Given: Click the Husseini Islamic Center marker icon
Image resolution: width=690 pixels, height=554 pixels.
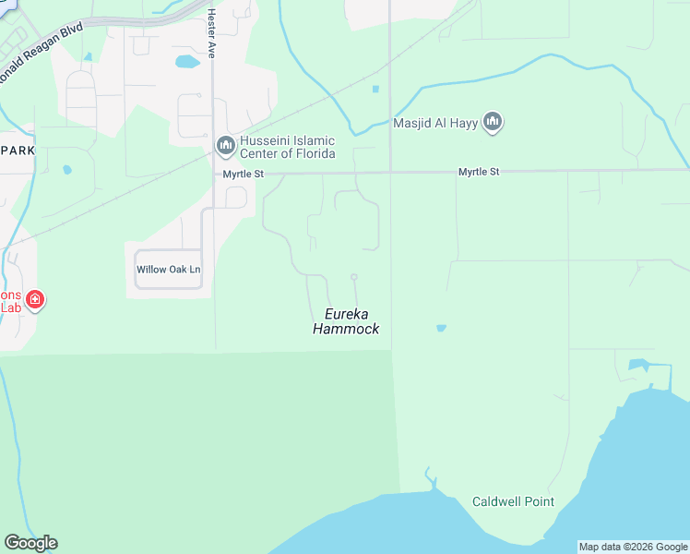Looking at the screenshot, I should point(225,145).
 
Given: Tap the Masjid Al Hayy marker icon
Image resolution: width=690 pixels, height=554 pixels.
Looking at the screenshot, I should point(493,122).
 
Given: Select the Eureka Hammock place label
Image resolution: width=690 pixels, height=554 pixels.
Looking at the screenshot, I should point(346,321).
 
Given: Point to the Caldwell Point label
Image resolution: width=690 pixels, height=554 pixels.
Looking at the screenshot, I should point(513,502).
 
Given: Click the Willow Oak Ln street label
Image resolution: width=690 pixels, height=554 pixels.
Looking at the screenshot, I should point(168,270).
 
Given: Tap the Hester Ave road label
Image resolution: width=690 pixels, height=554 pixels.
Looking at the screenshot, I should point(211,35).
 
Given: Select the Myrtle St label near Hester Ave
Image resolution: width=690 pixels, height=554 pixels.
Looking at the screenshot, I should point(243,174).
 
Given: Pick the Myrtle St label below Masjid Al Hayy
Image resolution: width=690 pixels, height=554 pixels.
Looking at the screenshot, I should point(480,172).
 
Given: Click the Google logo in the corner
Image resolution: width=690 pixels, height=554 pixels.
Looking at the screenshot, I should point(30,543).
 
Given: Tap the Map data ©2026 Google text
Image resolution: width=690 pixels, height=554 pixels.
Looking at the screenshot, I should point(633,547).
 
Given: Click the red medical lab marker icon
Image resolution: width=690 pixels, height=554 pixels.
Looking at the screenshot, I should point(34,300).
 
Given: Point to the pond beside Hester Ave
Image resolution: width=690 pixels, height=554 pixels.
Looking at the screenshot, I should point(187,62).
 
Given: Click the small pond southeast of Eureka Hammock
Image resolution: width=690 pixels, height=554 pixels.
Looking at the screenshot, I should point(441,328).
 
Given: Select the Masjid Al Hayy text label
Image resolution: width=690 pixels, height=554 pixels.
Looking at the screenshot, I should point(436,123).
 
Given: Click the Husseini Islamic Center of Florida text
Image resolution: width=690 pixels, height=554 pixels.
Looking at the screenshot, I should point(287,147).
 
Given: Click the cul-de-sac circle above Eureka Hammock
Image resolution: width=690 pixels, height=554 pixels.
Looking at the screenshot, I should point(353,276).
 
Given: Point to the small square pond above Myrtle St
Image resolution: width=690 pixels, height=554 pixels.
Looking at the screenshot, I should point(375,90).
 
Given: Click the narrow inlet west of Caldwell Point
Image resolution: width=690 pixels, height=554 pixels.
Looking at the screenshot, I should point(429,479).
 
